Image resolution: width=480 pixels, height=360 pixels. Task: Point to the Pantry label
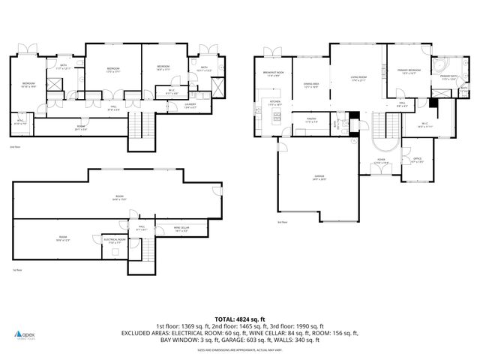[x=310, y=120]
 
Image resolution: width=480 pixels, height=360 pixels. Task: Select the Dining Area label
[x=311, y=85]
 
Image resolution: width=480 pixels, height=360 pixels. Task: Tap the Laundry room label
[x=190, y=106]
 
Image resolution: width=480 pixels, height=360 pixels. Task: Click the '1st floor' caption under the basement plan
[x=16, y=270]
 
